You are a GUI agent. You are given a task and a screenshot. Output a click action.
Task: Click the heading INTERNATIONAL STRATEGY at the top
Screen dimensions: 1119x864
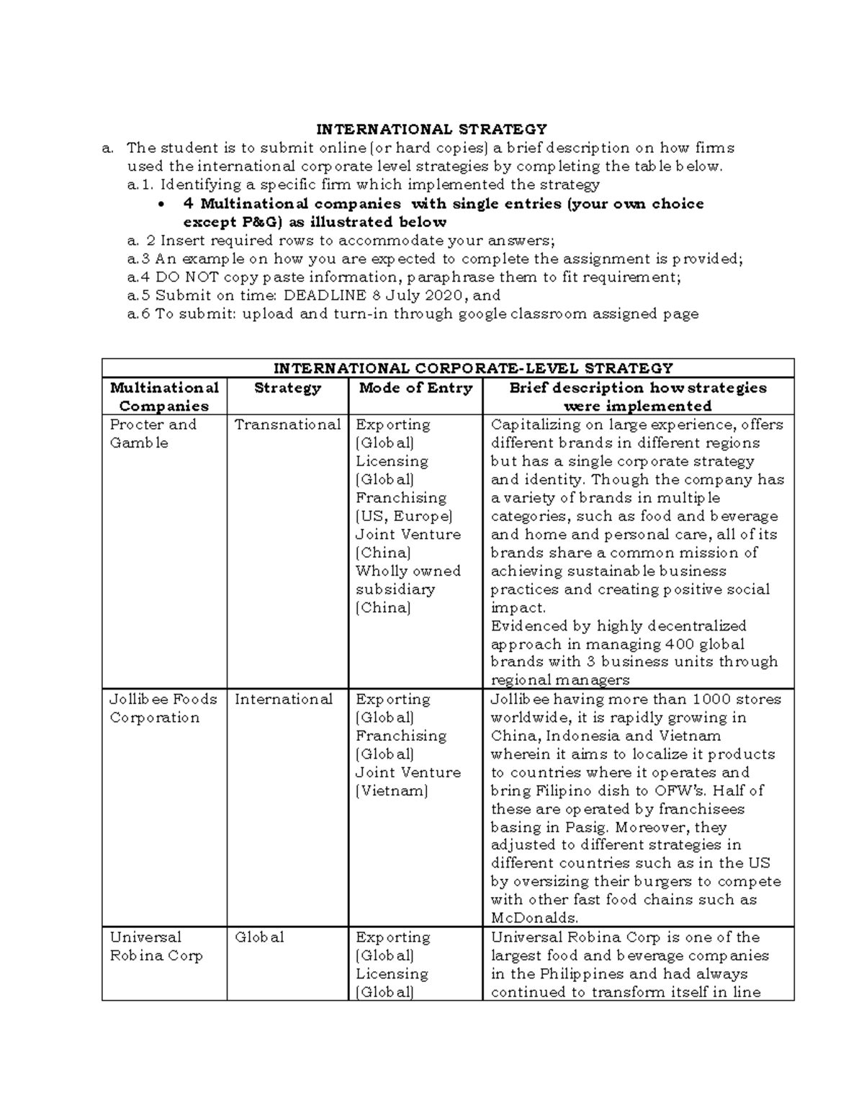coord(432,130)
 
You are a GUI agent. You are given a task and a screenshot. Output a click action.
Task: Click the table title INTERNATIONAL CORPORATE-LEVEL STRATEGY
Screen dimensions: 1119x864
coord(447,369)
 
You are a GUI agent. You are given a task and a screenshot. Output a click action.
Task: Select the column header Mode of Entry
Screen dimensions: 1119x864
coord(415,388)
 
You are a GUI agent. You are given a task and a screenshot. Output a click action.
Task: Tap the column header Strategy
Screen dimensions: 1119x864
coord(287,388)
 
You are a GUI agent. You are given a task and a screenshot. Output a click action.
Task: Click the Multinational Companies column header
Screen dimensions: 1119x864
coord(164,397)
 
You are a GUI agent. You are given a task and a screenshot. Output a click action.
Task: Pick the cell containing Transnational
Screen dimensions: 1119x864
coord(287,425)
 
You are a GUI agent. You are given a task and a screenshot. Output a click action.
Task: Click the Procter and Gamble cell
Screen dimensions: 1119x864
coord(153,434)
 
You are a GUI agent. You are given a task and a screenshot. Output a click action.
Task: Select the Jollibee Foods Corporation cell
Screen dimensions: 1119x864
coord(163,708)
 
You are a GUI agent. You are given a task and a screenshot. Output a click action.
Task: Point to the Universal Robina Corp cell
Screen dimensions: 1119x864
coord(156,946)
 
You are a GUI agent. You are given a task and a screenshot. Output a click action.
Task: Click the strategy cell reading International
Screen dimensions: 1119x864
coord(283,700)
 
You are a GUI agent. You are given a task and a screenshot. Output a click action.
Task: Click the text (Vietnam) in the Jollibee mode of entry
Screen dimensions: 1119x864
coord(392,791)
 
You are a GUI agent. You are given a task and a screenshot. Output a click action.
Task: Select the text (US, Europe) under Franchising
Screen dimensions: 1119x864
coord(404,517)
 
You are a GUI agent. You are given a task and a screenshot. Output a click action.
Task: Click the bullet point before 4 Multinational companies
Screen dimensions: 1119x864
coord(161,205)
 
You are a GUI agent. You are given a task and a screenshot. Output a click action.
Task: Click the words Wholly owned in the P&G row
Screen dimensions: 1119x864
coord(408,571)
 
